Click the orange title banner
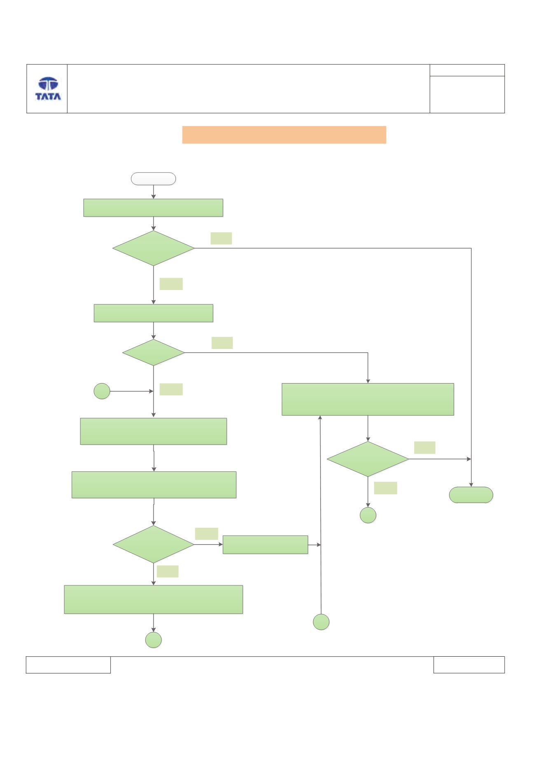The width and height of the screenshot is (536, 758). pos(284,135)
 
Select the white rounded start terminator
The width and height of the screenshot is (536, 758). pos(153,179)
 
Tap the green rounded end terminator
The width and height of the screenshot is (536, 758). pos(471,495)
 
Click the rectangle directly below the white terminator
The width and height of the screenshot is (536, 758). pos(153,208)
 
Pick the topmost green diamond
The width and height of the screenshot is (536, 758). pos(153,248)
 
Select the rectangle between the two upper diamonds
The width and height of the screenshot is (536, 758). pos(153,313)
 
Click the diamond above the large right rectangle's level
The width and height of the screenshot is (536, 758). pos(153,352)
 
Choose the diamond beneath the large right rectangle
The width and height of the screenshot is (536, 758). pos(367,459)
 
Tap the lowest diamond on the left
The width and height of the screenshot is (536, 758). pos(153,544)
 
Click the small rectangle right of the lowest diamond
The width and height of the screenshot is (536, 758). pos(265,545)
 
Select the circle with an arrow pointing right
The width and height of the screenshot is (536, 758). pos(102,391)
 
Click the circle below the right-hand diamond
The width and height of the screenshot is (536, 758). pos(368,515)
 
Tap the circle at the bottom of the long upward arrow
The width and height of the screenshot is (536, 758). pos(321,622)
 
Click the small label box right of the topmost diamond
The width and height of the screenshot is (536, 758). pos(221,239)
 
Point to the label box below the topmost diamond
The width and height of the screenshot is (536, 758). pos(171,284)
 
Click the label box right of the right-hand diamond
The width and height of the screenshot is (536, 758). pos(425,448)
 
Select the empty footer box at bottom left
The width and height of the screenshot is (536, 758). pos(68,664)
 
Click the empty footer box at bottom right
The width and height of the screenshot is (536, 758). pos(469,664)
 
